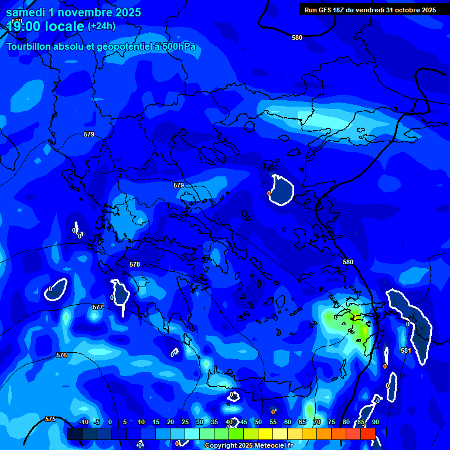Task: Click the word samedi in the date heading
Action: coord(26,12)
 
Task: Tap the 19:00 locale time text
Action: coord(45,26)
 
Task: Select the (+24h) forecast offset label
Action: coord(101,26)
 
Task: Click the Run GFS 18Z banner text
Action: coord(367,9)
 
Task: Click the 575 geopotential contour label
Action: coord(50,419)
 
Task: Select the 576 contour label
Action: coord(62,356)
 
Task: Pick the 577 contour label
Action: coord(98,307)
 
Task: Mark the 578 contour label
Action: coord(135,264)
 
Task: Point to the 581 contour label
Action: coord(405,350)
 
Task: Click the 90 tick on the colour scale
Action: coord(375,422)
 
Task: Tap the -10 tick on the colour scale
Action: coord(83,422)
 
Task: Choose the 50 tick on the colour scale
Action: coord(258,422)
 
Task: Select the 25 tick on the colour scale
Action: coord(185,422)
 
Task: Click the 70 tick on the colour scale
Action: coord(316,422)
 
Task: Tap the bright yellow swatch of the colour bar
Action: coord(265,434)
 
